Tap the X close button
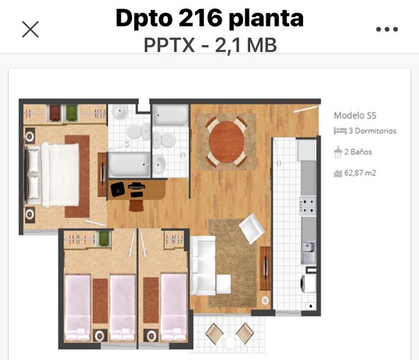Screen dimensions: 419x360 [x=30, y=29]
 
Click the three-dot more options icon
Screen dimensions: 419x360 [x=387, y=29]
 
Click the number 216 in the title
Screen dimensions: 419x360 [x=200, y=18]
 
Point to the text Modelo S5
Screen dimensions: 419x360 [x=355, y=115]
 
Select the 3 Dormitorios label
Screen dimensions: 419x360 [x=373, y=131]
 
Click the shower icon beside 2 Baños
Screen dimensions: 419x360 [x=338, y=152]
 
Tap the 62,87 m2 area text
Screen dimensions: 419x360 [x=360, y=173]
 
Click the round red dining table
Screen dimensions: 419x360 [x=226, y=141]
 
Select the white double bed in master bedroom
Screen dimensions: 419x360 [x=53, y=175]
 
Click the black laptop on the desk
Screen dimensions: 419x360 [x=118, y=189]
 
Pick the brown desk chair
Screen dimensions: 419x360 [x=136, y=205]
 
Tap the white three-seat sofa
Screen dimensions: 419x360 [x=203, y=266]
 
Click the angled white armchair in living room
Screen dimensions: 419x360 [x=252, y=228]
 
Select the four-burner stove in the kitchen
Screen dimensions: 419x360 [x=307, y=206]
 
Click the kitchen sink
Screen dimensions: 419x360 [x=309, y=252]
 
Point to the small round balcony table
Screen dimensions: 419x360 [x=230, y=342]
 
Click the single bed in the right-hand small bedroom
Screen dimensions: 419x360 [x=174, y=308]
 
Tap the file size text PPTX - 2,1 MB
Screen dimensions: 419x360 [x=210, y=45]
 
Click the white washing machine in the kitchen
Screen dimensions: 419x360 [x=308, y=284]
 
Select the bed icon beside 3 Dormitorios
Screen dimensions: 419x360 [x=340, y=131]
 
